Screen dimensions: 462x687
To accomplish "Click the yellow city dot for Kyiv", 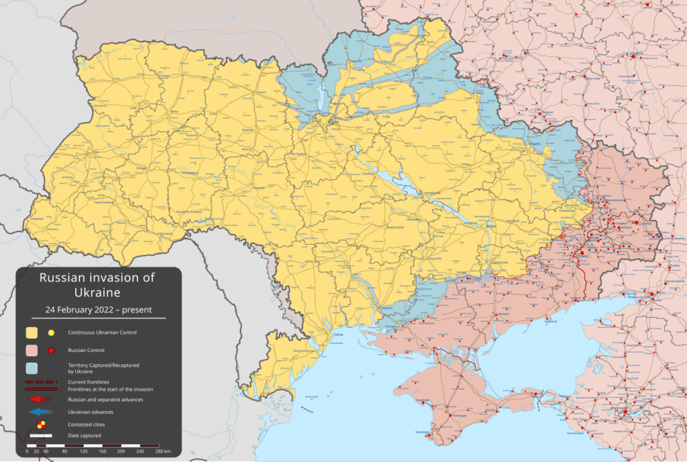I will [325, 121].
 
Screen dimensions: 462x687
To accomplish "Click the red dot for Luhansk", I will [647, 223].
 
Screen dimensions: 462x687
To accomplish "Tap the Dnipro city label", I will [490, 227].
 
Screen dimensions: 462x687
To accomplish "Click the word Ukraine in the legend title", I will [98, 292].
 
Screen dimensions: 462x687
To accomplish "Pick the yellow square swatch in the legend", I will [32, 333].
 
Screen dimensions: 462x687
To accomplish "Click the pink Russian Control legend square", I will [32, 350].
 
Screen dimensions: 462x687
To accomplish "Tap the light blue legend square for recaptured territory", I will [32, 368].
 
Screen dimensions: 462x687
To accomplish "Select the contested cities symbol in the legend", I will [41, 424].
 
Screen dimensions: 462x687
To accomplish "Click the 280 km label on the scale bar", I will [162, 452].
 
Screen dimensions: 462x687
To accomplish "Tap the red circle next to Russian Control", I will [50, 350].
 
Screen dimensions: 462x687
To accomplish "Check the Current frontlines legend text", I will [90, 381].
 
